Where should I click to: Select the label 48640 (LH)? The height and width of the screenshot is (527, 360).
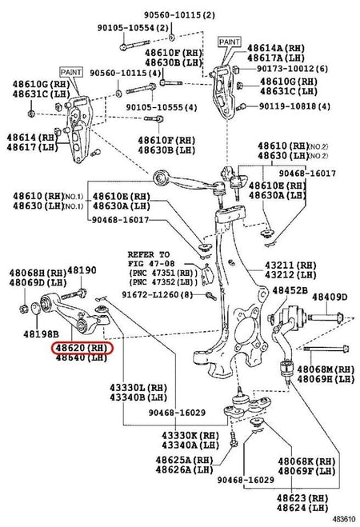(81, 357)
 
